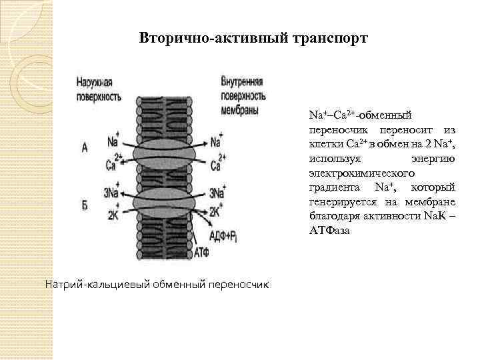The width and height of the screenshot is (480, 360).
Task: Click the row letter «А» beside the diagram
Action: tap(85, 149)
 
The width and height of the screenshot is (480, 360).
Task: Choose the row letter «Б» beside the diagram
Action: tap(85, 205)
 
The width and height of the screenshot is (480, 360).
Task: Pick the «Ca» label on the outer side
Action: tap(112, 164)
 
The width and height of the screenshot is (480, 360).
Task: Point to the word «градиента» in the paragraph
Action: tap(333, 186)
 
